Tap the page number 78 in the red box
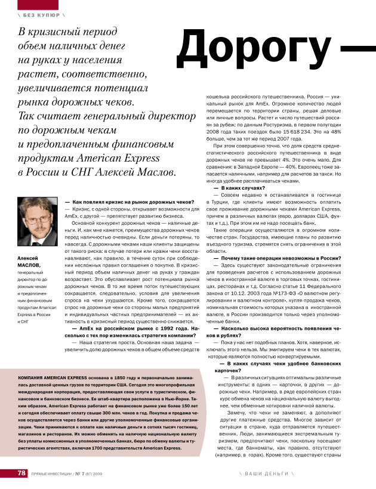(21, 473)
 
